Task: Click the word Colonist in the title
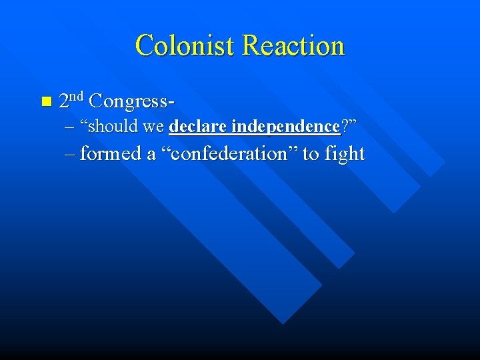click(x=185, y=45)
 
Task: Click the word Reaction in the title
click(x=293, y=45)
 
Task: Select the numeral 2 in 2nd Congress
click(x=64, y=101)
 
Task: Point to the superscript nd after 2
click(x=76, y=96)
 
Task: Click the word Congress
click(x=129, y=101)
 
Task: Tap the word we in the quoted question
click(x=154, y=127)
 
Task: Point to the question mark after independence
click(x=345, y=126)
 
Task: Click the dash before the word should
click(x=71, y=127)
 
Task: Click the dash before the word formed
click(x=71, y=155)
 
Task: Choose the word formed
click(x=110, y=154)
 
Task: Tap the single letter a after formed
click(x=151, y=155)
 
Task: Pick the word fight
click(x=345, y=155)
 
